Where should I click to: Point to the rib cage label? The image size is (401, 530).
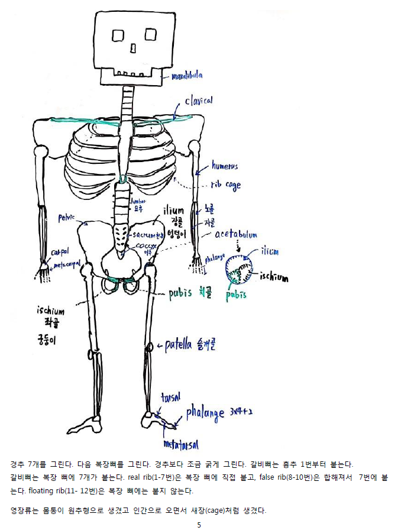(226, 185)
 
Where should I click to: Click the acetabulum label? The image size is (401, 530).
(236, 235)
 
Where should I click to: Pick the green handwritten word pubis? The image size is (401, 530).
(236, 295)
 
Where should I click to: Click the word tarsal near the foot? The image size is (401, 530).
(170, 397)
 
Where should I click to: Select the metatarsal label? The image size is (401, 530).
(181, 444)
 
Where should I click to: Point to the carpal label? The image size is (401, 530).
(60, 251)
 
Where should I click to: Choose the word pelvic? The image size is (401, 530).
(66, 217)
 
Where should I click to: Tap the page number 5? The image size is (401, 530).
(199, 524)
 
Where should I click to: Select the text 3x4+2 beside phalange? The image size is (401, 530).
(240, 409)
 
